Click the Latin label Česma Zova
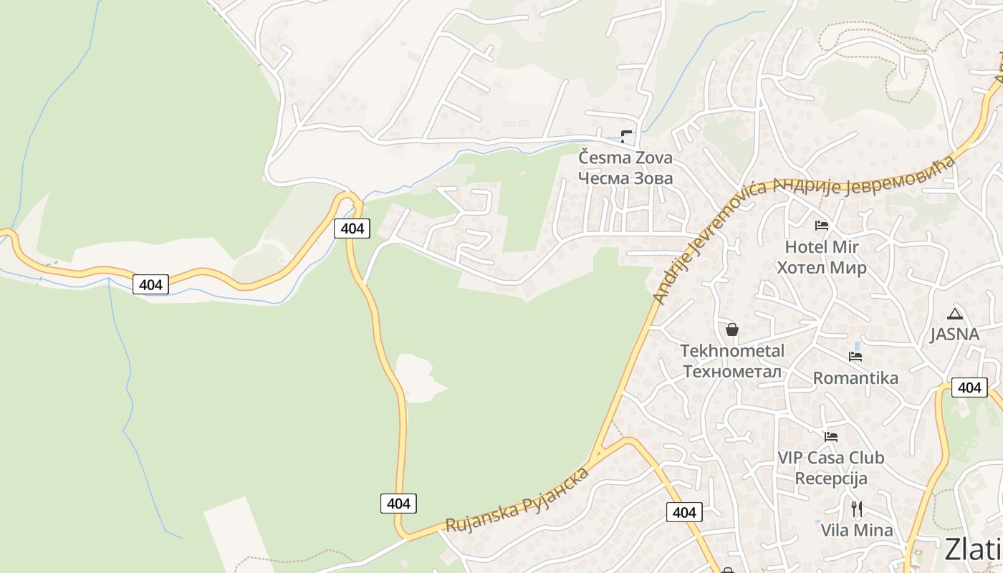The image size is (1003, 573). click(625, 157)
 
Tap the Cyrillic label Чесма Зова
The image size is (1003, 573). click(625, 178)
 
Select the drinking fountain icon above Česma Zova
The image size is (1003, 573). click(626, 135)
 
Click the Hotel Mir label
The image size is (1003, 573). click(822, 247)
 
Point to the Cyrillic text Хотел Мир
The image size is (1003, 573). click(822, 268)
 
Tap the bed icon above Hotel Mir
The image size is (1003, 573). click(822, 226)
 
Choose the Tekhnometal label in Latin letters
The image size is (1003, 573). click(732, 351)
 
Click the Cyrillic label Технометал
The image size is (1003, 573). click(732, 372)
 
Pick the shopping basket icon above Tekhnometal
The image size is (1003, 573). click(732, 329)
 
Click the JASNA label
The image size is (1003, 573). click(954, 334)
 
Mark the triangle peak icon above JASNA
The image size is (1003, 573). click(954, 314)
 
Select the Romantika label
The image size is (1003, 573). click(855, 378)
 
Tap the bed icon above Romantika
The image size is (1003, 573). click(855, 356)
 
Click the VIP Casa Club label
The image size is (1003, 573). click(831, 458)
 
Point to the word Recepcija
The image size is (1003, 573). click(831, 478)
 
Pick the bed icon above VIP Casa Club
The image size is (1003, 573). click(831, 436)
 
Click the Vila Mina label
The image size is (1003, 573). click(857, 531)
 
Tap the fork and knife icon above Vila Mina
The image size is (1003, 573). click(857, 509)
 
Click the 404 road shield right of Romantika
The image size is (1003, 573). click(969, 387)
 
